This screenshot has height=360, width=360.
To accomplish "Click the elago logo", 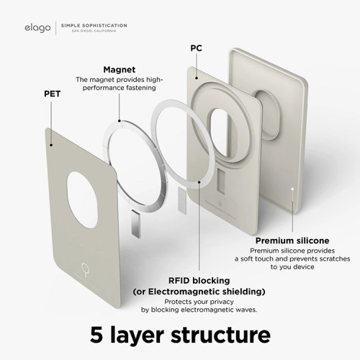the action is pos(37,28).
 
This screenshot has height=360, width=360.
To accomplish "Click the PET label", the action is pos(52,94).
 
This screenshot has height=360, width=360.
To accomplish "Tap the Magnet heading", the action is pos(120,70).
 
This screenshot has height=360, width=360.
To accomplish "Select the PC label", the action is pos(196,48).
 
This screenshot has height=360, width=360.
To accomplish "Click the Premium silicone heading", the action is pos(292,240).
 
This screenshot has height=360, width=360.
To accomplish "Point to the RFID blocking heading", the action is pos(199,280).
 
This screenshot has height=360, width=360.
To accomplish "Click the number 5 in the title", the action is pos(96,335).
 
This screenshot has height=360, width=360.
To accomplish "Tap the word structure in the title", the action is pos(220,335).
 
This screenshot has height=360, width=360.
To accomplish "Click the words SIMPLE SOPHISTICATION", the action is pos(94,25).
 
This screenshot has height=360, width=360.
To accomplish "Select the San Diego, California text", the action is pos(94,31).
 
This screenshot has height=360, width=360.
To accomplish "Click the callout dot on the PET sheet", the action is pos(51,145).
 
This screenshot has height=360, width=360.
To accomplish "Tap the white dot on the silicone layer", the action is pos(292,189).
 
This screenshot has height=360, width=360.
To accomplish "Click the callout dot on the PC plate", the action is pos(197,78).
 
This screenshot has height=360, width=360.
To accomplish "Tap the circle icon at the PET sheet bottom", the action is pos(85,269).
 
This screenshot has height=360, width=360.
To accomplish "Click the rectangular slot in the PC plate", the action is pos(221,181).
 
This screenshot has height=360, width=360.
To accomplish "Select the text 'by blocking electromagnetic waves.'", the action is pos(199,310).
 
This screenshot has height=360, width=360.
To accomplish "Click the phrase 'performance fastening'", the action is pos(120,88).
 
